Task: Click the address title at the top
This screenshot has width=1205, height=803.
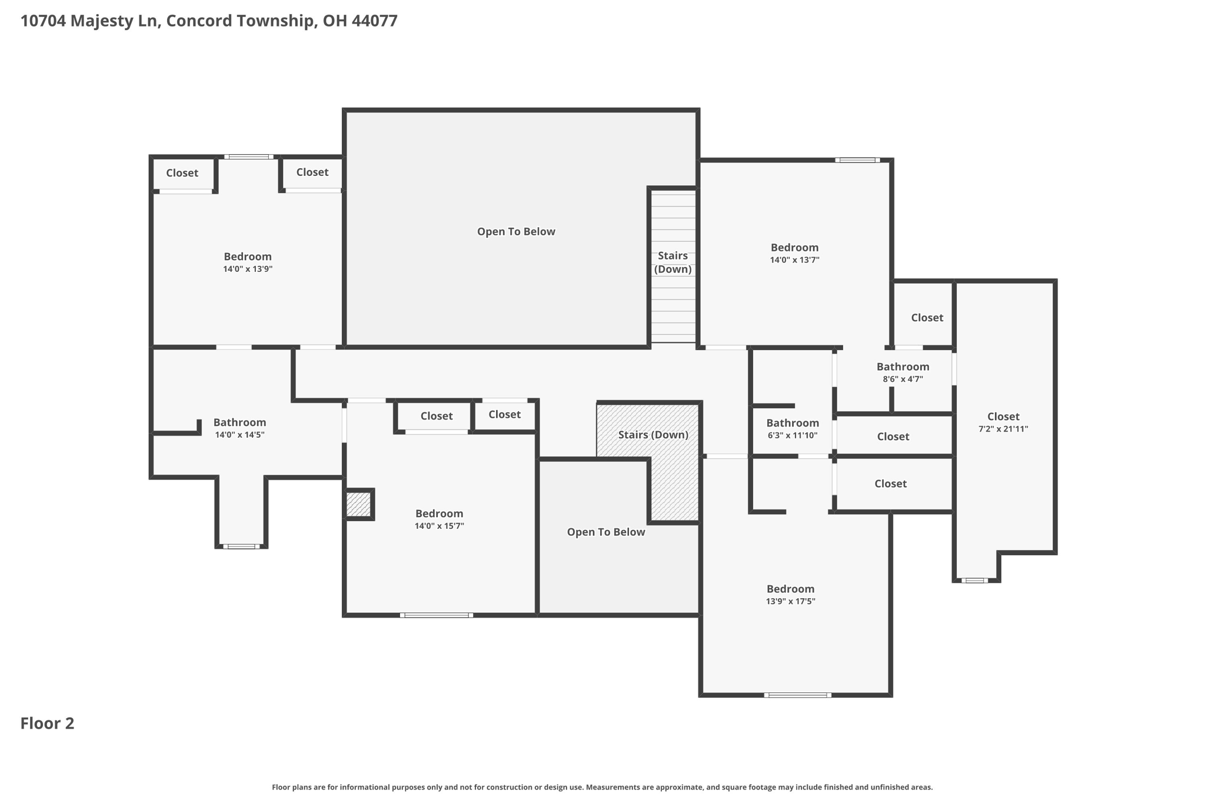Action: (209, 21)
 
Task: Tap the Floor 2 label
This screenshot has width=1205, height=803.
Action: (47, 723)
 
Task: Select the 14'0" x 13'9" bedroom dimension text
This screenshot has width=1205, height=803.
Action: (248, 269)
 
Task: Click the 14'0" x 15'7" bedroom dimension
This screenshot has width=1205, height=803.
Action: (440, 526)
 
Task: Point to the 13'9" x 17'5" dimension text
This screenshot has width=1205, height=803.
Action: (791, 601)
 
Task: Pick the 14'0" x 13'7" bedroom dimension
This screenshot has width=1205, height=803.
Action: (795, 259)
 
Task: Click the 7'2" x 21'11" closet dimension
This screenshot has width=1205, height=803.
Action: (1003, 429)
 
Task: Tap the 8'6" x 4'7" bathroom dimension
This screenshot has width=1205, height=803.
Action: (903, 379)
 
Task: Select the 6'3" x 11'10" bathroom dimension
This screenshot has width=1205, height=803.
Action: (793, 435)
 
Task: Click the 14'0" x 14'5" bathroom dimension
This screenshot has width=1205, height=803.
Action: (240, 435)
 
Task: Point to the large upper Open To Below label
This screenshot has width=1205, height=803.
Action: (516, 232)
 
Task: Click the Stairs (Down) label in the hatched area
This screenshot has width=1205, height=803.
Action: (653, 435)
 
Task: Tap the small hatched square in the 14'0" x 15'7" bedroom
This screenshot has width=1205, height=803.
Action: (358, 504)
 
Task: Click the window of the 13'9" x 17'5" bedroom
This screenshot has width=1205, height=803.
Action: (798, 695)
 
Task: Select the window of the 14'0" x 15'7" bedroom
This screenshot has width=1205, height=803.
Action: (437, 615)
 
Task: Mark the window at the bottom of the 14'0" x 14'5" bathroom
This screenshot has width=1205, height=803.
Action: (241, 547)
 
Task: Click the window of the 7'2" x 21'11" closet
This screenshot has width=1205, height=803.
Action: (974, 580)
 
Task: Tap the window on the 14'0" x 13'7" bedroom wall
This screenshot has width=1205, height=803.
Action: (857, 160)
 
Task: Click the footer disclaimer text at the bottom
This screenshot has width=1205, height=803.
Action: (602, 787)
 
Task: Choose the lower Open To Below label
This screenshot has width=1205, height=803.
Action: (606, 532)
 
